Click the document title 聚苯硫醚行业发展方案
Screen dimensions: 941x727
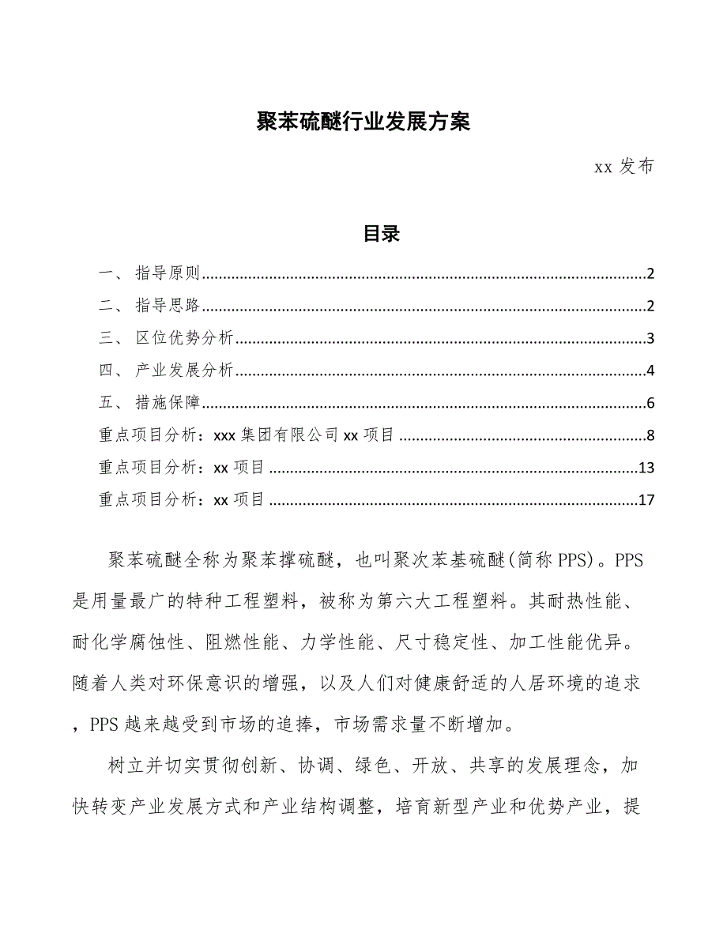point(363,122)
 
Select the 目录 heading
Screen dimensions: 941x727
point(382,234)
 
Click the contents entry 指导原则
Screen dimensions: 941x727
point(168,274)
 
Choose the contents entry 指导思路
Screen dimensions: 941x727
point(168,307)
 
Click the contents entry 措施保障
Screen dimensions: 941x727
point(168,403)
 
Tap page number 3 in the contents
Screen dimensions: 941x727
point(650,340)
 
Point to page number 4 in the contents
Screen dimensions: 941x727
point(650,371)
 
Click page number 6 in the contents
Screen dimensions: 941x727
point(650,404)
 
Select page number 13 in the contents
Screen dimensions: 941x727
point(646,468)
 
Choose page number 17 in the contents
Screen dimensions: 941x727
point(646,500)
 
